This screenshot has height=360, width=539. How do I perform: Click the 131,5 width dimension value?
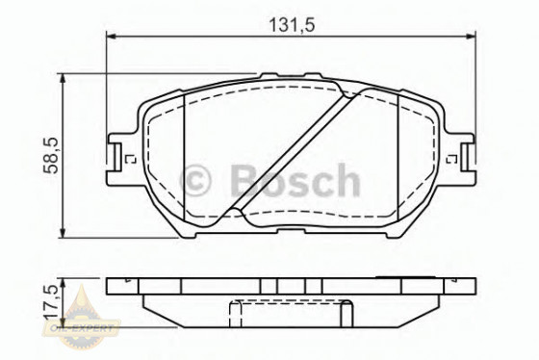point(289,23)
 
